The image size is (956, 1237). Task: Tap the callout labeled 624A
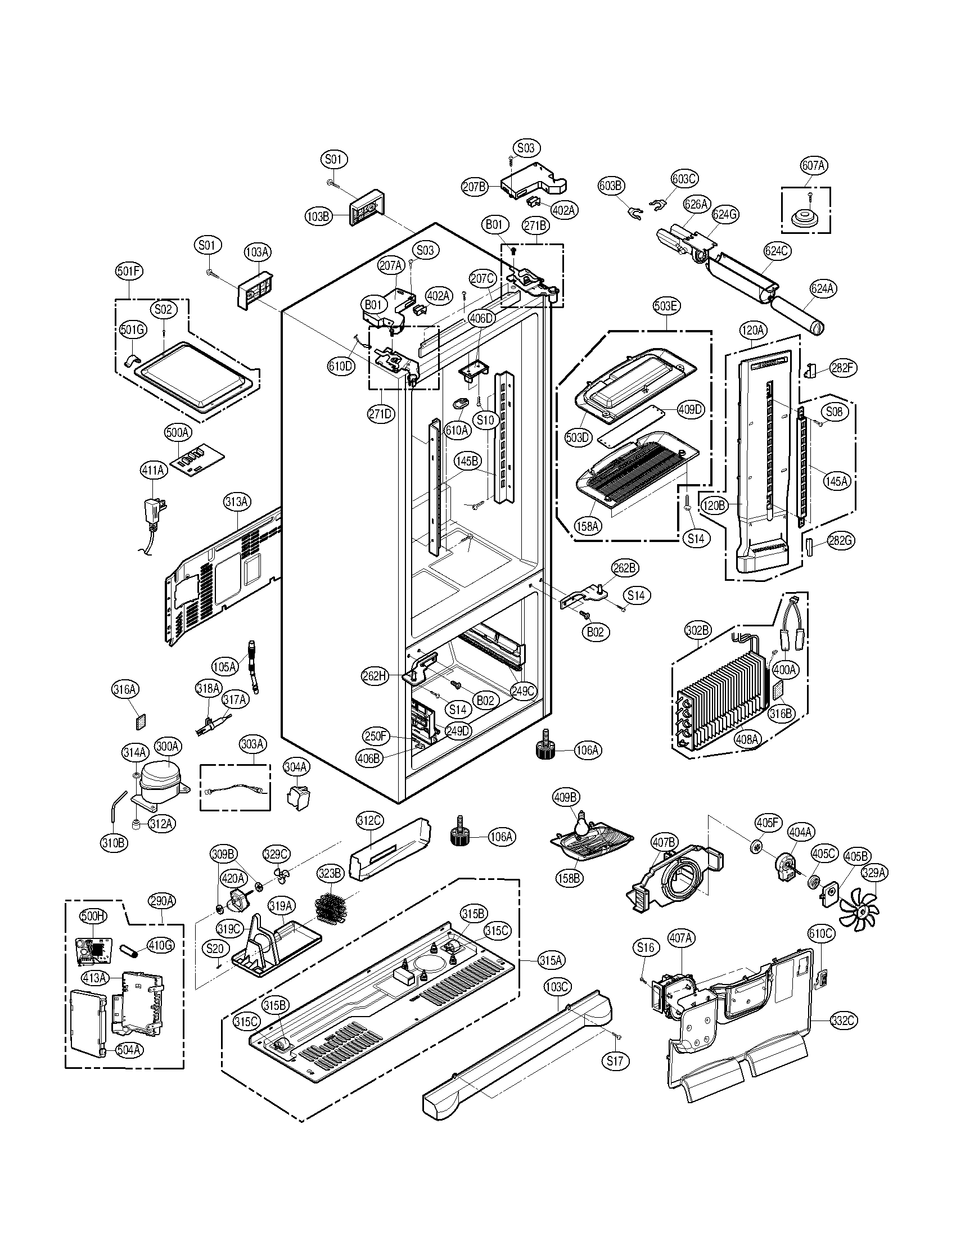pos(822,288)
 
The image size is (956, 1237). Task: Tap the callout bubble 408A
pos(747,738)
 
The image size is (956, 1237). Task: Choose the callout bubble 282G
pos(840,540)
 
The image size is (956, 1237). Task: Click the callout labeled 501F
pos(129,272)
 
